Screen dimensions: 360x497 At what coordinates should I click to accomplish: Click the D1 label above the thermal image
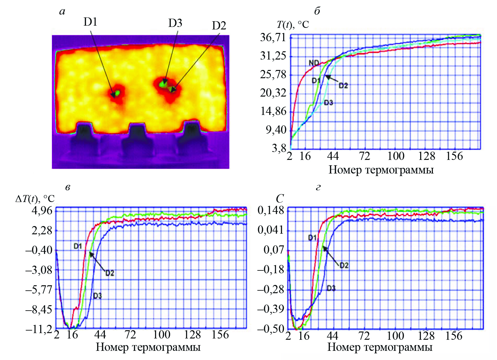click(90, 22)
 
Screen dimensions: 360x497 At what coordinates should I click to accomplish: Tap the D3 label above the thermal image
click(175, 23)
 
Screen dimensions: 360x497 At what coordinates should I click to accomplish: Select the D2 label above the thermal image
click(219, 26)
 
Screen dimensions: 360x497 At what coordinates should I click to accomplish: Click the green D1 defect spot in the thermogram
click(117, 93)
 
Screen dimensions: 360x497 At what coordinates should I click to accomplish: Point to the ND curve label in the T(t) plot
click(314, 63)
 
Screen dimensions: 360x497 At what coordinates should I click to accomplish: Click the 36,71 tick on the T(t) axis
click(273, 38)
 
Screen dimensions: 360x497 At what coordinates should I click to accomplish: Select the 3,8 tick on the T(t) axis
click(279, 148)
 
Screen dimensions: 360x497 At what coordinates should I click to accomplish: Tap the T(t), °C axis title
click(293, 25)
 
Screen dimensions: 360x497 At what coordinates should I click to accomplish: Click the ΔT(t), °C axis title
click(35, 199)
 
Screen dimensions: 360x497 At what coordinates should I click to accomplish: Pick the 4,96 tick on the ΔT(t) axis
click(42, 211)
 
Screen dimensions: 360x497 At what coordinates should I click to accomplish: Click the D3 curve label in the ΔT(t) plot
click(97, 296)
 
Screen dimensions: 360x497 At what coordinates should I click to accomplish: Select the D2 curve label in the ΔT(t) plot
click(109, 273)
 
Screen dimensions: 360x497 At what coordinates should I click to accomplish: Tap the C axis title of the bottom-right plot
click(280, 199)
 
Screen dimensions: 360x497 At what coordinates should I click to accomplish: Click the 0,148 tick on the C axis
click(271, 210)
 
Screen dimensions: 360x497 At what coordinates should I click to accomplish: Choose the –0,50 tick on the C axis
click(271, 329)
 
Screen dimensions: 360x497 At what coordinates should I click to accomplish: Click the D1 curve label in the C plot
click(312, 237)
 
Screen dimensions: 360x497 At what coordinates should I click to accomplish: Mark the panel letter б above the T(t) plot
click(317, 11)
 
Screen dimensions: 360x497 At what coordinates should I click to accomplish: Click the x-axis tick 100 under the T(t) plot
click(396, 156)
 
